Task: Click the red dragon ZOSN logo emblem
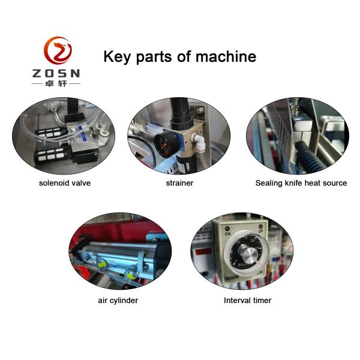tap(58, 50)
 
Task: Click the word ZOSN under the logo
tap(56, 73)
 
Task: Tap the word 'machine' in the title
tap(226, 56)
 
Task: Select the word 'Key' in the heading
tap(117, 57)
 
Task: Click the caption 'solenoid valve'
tap(65, 183)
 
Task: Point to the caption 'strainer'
tap(179, 183)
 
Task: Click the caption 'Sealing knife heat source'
tap(301, 183)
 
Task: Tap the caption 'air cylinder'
tap(118, 301)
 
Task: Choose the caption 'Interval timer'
tap(247, 301)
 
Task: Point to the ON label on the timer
tap(227, 234)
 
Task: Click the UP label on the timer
tap(260, 231)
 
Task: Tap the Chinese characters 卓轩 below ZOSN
tap(56, 83)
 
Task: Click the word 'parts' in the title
tap(154, 57)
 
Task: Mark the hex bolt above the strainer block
tap(200, 110)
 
